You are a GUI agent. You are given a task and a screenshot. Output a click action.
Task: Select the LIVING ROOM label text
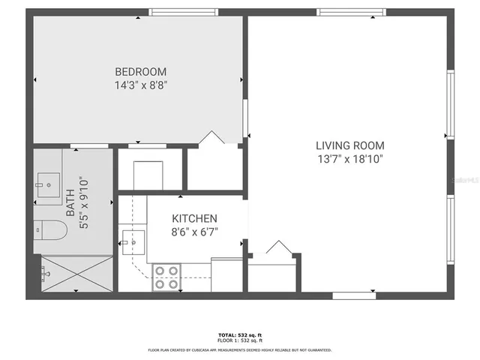tap(349, 145)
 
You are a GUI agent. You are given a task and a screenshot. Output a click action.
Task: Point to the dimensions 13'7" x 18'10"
tap(349, 158)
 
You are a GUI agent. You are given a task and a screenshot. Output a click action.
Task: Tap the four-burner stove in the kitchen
tap(166, 277)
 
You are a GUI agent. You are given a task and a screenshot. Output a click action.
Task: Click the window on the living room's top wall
tap(351, 13)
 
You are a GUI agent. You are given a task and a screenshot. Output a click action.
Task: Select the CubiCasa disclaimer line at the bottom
tap(239, 349)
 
